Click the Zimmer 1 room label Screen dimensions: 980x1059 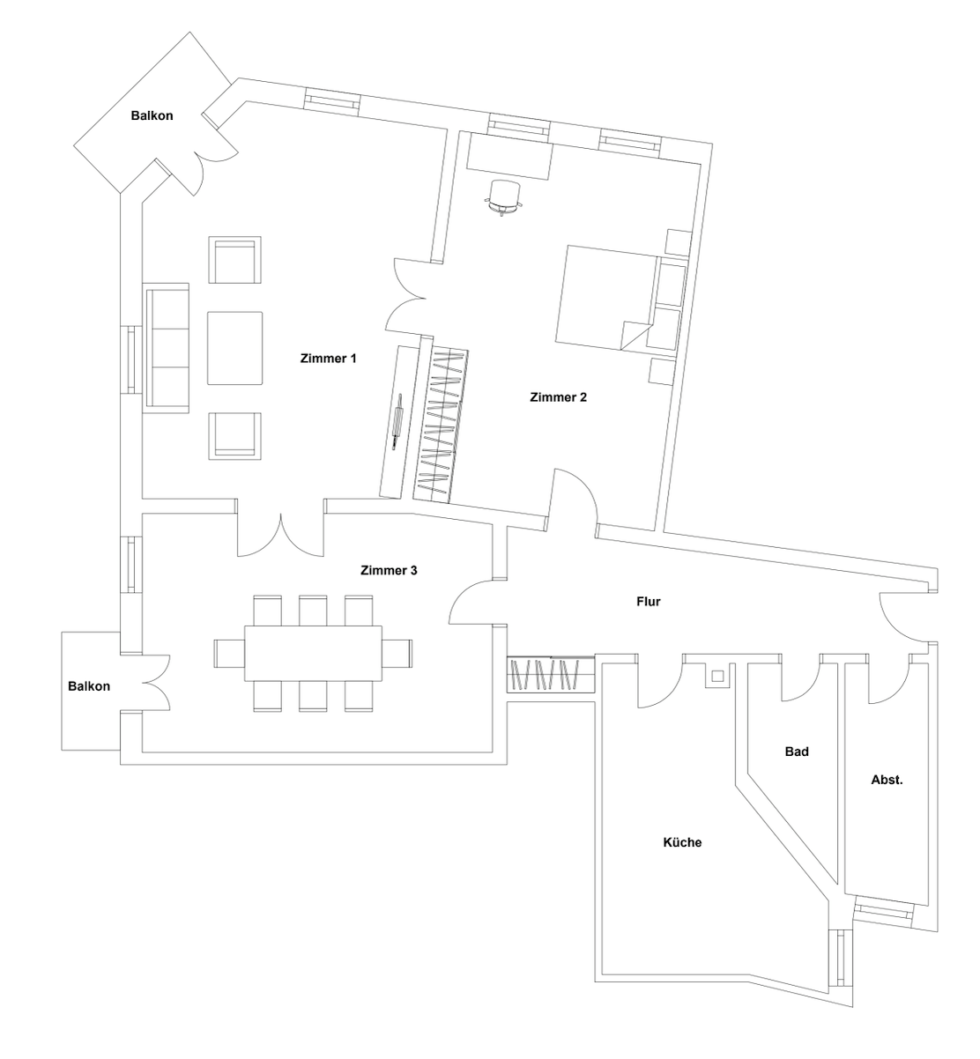coord(329,359)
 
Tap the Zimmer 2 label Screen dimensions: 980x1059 coord(558,396)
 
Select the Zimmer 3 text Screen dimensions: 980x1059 coord(389,570)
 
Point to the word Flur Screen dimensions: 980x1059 coord(649,602)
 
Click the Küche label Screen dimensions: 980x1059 coord(682,842)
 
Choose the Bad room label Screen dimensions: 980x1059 coord(797,752)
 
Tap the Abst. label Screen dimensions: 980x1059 coord(887,780)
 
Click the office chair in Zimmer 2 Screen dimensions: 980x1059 coord(505,196)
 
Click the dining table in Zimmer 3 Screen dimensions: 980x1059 coord(314,653)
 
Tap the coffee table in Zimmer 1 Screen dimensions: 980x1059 coord(234,347)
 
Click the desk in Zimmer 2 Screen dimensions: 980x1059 coord(509,156)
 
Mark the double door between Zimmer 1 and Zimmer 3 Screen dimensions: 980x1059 coord(280,536)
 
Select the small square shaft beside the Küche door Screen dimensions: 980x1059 coord(717,677)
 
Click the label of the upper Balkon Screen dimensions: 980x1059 coord(152,115)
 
